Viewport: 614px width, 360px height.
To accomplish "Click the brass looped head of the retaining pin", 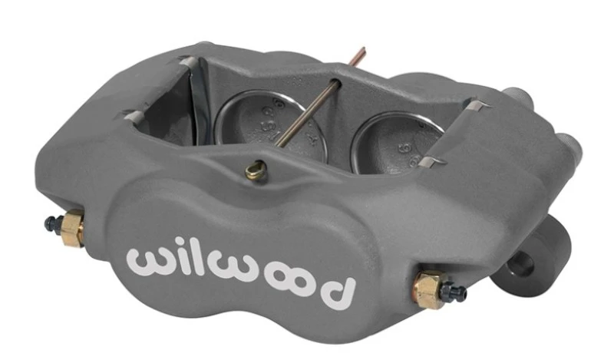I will point(255,168).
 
